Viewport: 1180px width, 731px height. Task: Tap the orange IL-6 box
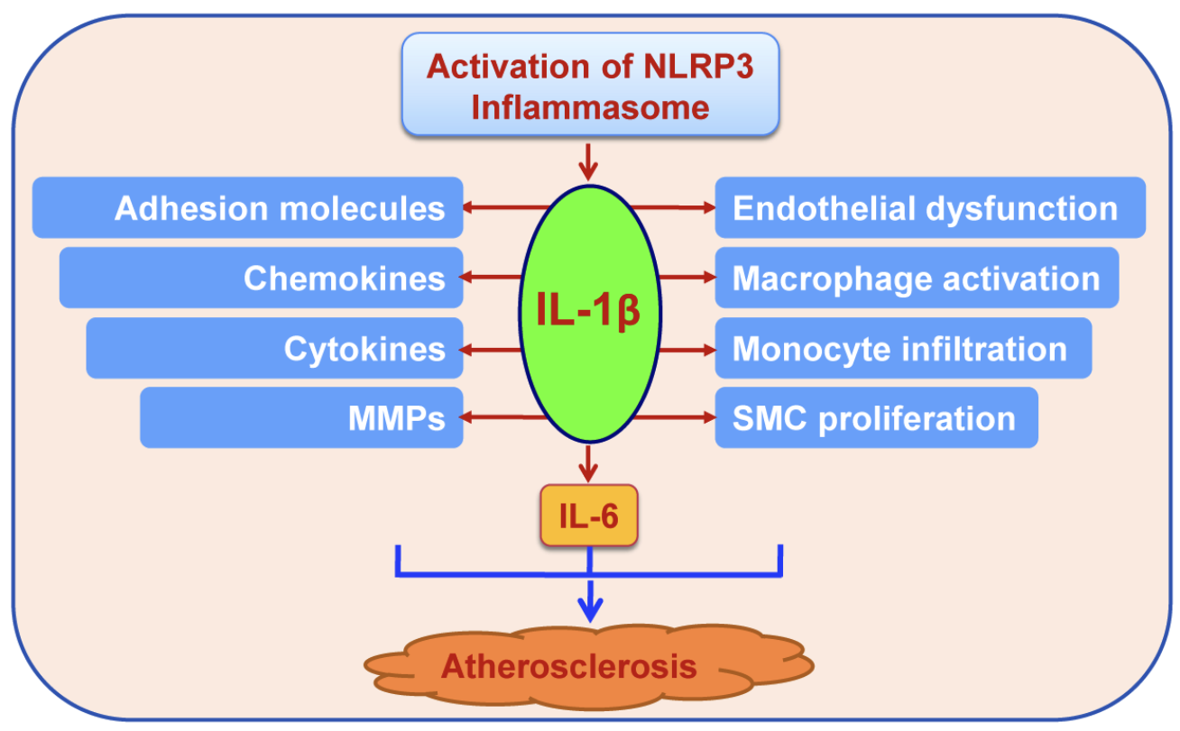click(589, 516)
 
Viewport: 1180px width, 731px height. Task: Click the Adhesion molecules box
click(248, 208)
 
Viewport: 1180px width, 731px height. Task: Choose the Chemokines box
click(262, 278)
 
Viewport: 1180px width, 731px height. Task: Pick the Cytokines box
click(275, 348)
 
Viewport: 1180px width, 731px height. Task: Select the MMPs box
click(301, 417)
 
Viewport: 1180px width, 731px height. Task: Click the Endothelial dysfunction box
click(930, 208)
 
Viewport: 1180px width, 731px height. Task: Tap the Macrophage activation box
click(917, 278)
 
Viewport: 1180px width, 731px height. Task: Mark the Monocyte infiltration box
click(903, 348)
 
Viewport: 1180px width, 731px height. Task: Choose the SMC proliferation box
click(876, 417)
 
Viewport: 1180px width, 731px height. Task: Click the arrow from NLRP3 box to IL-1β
click(588, 160)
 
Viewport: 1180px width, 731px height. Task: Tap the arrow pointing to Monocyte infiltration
click(686, 348)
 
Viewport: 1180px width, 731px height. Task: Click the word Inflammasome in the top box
click(590, 107)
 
